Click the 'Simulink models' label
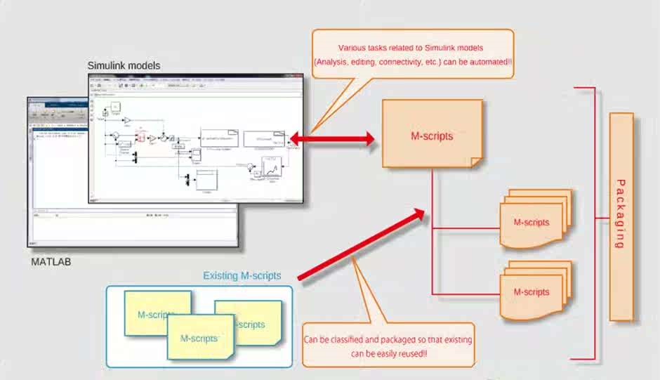124,65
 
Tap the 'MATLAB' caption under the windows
51,262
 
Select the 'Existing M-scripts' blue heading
242,276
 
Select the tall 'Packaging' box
621,217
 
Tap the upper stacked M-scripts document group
534,221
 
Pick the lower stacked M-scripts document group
534,290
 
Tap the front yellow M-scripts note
200,338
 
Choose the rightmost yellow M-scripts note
250,324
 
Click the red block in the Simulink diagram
141,138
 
